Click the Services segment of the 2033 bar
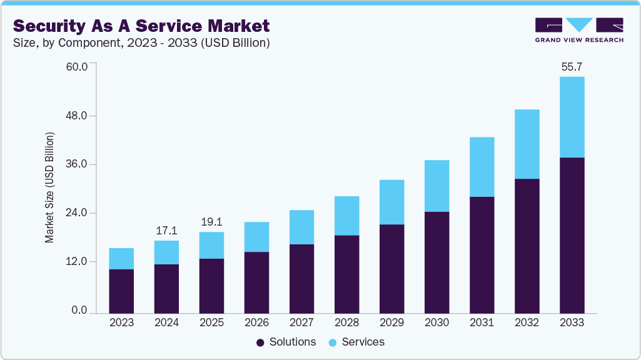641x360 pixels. tap(572, 117)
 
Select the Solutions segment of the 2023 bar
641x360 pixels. tap(121, 291)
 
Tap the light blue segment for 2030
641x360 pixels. tap(437, 186)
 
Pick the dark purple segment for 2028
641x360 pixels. tap(346, 274)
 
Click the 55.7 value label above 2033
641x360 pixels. tap(572, 66)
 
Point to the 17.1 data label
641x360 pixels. tap(166, 231)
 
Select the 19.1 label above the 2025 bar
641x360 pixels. tap(211, 222)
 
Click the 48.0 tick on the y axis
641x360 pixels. tap(77, 116)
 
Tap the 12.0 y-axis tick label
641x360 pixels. tap(77, 262)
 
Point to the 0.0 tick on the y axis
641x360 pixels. tap(79, 311)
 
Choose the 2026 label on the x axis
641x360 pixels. tap(256, 323)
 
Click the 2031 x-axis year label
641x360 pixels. tap(482, 323)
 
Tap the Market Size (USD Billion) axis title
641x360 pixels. tap(49, 187)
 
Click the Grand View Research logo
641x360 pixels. tap(578, 29)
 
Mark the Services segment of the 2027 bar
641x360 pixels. tap(301, 227)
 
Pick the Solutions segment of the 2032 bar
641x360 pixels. tap(527, 246)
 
